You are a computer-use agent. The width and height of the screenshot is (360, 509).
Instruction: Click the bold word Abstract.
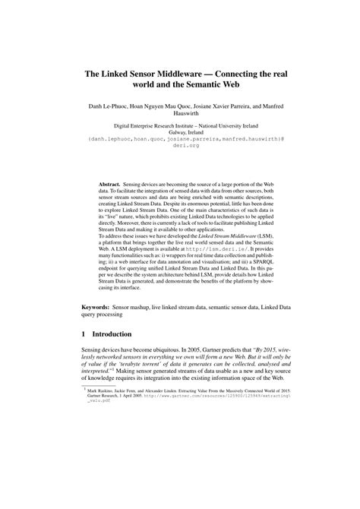[114, 184]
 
